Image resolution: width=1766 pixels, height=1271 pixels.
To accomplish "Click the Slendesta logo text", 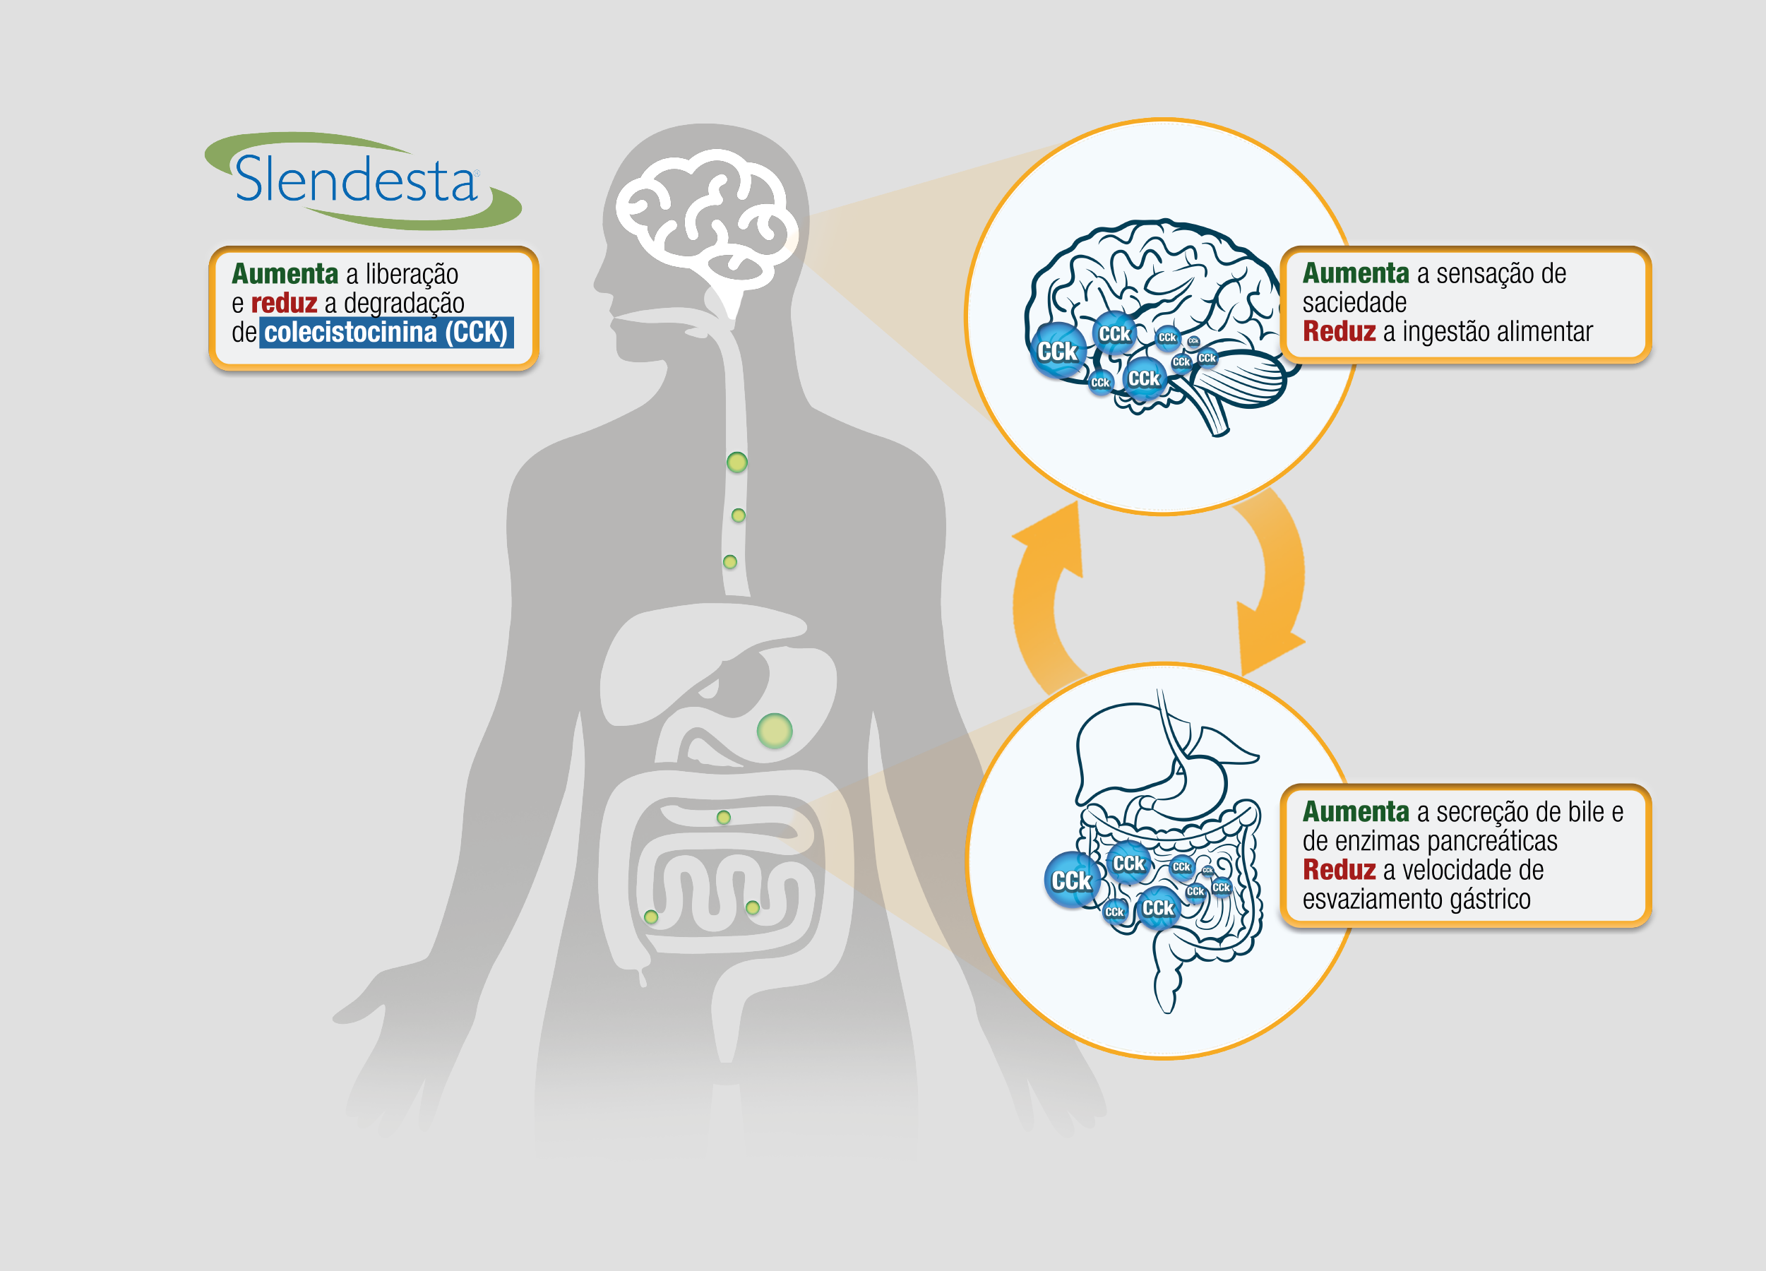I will (x=356, y=180).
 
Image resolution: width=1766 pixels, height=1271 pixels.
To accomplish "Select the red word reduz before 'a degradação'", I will (x=283, y=303).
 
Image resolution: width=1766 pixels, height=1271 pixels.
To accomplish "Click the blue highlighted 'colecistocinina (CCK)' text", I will (x=386, y=333).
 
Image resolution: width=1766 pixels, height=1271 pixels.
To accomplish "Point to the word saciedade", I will (x=1354, y=303).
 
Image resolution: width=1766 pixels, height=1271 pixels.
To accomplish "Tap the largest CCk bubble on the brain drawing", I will (x=1058, y=352).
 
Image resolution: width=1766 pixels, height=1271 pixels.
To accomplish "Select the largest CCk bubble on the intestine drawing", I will (x=1071, y=881).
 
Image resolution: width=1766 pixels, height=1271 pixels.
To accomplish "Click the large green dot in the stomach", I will (x=774, y=731).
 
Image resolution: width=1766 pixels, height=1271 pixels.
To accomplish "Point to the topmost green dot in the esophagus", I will (x=736, y=463).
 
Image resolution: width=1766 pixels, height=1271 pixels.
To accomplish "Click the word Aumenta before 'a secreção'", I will (x=1356, y=812).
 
